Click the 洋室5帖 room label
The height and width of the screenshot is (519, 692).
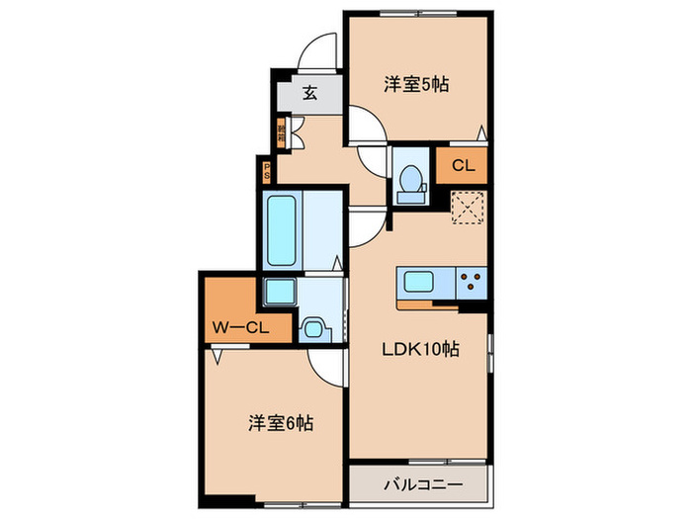416,85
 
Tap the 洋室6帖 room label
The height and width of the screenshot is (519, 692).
281,423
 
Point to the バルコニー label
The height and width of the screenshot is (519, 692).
419,485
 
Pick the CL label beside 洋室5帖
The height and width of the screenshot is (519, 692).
462,166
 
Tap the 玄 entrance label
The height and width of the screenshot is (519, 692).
309,95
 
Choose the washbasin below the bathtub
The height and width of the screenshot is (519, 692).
279,293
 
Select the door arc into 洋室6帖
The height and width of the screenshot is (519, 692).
324,368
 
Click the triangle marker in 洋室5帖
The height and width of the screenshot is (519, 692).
481,133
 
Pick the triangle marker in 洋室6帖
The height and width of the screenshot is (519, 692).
216,353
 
